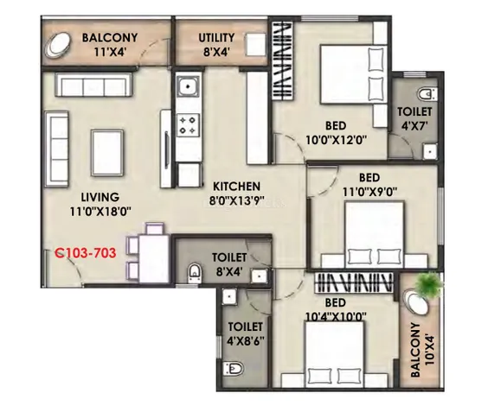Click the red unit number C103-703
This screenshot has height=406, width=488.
pos(86,253)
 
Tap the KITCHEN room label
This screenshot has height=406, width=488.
pos(236,187)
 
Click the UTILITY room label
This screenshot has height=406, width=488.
pos(216,38)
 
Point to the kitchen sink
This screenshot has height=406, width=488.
pos(189,86)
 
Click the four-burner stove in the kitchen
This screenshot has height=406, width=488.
pos(189,125)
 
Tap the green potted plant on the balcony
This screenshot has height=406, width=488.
pos(430,284)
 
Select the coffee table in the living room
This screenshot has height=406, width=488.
pos(107,153)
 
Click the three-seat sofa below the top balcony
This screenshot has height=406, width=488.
pos(93,85)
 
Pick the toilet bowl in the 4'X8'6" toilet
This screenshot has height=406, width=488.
pos(234,368)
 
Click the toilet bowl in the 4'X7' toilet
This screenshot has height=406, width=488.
pos(427,94)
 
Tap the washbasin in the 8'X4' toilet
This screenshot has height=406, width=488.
pos(259,276)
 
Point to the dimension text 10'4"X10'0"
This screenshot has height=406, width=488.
pos(336,317)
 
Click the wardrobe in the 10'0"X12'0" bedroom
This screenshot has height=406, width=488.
pos(283,60)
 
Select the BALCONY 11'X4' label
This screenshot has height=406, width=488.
pos(110,45)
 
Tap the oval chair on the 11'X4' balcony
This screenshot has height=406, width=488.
pos(59,45)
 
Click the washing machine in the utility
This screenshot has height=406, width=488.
pos(255,45)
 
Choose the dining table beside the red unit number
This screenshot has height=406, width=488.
pos(154,258)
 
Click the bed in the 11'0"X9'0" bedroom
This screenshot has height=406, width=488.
pos(375,235)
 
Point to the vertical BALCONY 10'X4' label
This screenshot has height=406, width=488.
pos(422,350)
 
